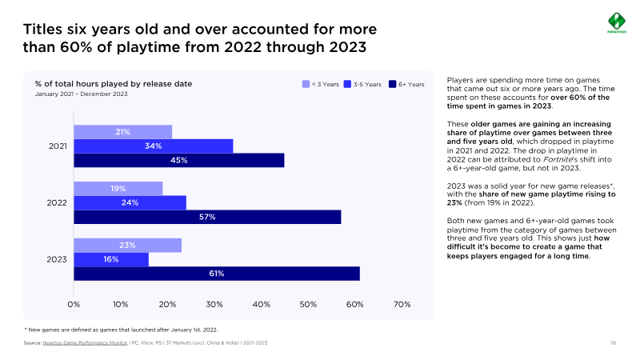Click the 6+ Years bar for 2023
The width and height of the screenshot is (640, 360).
pos(216,274)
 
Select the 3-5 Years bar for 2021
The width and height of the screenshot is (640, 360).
pos(153,146)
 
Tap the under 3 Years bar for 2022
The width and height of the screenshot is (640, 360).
pos(118,189)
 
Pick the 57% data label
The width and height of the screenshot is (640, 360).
pos(207,217)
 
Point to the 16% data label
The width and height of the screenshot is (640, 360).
pos(110,259)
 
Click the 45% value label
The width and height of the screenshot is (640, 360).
pos(178,160)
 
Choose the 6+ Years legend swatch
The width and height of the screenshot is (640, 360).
pos(392,84)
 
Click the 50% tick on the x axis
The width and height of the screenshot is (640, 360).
pos(308,304)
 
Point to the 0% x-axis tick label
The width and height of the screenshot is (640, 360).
pos(74,304)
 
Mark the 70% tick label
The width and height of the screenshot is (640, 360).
pos(402,304)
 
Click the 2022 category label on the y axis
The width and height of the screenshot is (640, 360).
pos(56,203)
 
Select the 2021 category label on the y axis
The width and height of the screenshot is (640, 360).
pos(56,146)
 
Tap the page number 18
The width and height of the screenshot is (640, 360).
pos(613,342)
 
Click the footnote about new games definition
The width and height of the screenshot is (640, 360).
pos(121,329)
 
